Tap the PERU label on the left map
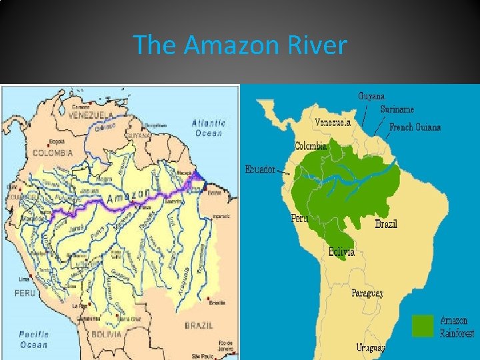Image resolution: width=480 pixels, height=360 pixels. click(25, 292)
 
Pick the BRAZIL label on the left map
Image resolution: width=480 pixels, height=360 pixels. click(199, 325)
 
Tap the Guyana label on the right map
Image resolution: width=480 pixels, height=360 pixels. click(371, 96)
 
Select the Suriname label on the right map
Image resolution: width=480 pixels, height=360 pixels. click(397, 109)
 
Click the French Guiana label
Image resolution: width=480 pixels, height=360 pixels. click(415, 127)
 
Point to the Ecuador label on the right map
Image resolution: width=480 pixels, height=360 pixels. click(260, 169)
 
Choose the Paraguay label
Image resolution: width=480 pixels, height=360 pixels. click(367, 293)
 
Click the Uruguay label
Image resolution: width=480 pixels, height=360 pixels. click(371, 347)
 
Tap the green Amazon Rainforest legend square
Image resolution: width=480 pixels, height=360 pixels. click(423, 325)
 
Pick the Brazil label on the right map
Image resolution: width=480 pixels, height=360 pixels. click(386, 224)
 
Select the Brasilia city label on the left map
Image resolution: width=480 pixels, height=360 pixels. click(217, 303)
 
